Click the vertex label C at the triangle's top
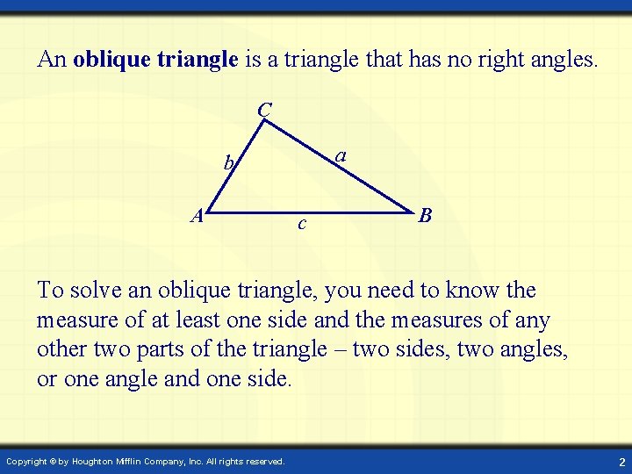[265, 111]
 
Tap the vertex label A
[199, 216]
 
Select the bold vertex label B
[425, 215]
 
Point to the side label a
[341, 155]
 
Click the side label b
[227, 162]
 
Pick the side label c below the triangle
[301, 225]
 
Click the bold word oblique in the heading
[111, 60]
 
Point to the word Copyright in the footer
[27, 461]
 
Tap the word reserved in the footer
[263, 461]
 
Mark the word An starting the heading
[52, 60]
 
